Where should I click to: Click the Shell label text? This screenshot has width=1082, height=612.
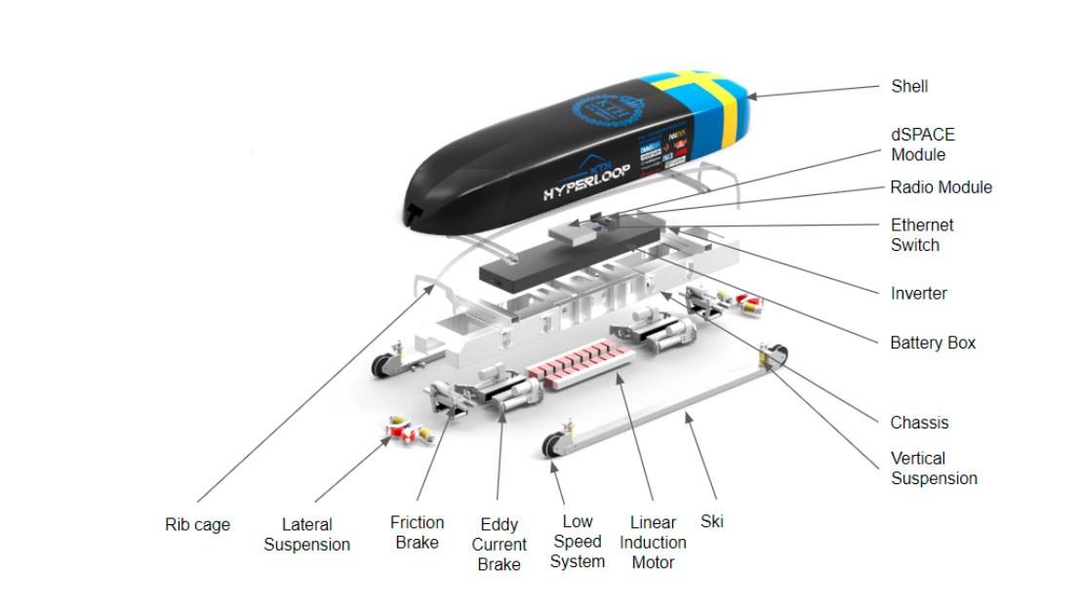click(x=909, y=87)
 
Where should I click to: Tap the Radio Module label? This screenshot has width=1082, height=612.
click(x=941, y=187)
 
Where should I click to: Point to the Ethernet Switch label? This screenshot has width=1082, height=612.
click(x=922, y=235)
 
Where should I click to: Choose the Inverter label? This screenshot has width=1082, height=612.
click(x=918, y=293)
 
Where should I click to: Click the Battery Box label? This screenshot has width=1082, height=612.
click(x=933, y=344)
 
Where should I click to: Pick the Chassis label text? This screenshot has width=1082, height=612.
click(x=919, y=423)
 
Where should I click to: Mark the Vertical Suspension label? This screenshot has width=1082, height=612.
click(x=934, y=469)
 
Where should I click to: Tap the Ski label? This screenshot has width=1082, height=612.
click(x=712, y=521)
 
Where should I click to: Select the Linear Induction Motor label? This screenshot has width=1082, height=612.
click(x=653, y=543)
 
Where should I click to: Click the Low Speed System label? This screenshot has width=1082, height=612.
click(x=577, y=542)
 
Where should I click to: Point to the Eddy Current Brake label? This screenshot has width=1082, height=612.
click(x=499, y=545)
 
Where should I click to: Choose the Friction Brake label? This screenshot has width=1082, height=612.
click(x=417, y=533)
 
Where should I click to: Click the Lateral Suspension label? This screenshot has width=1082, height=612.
click(x=306, y=535)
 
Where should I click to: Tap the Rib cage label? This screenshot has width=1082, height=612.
click(x=198, y=525)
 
